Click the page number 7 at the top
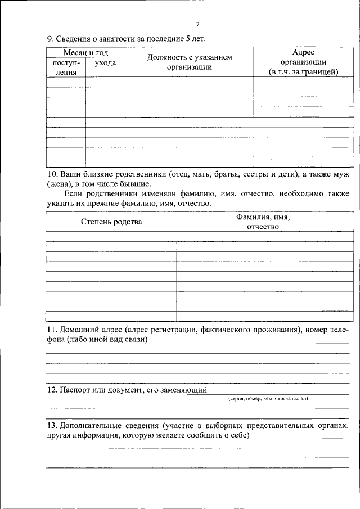tap(197, 24)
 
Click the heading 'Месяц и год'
tap(84, 52)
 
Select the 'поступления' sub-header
tap(66, 67)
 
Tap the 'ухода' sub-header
tap(105, 63)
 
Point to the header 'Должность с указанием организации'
tap(190, 62)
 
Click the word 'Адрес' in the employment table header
tap(303, 52)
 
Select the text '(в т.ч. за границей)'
tap(303, 72)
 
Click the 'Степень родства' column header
tap(111, 222)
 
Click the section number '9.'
tap(49, 39)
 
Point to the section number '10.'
tap(52, 174)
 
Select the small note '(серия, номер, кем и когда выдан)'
tap(268, 398)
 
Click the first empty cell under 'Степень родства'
tap(111, 236)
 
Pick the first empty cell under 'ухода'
tap(105, 82)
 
